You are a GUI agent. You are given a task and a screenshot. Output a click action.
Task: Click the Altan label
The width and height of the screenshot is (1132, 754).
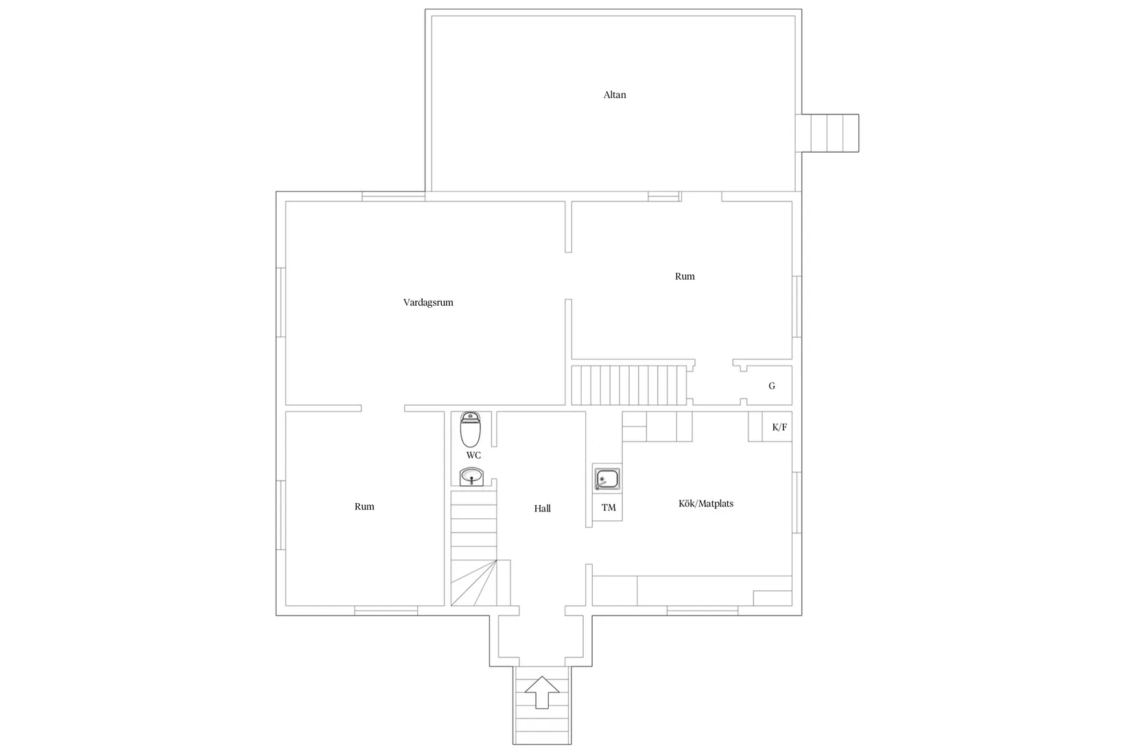pyautogui.click(x=615, y=95)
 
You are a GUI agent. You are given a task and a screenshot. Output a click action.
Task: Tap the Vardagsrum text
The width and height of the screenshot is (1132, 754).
pyautogui.click(x=428, y=302)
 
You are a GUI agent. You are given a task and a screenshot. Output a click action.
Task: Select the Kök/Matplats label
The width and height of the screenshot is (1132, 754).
pyautogui.click(x=706, y=503)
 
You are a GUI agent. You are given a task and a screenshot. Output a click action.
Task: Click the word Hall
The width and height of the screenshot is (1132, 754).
pyautogui.click(x=542, y=509)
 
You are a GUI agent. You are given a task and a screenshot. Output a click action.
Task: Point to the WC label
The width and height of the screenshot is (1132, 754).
pyautogui.click(x=473, y=455)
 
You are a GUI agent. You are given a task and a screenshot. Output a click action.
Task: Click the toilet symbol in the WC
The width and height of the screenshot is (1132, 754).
pyautogui.click(x=471, y=430)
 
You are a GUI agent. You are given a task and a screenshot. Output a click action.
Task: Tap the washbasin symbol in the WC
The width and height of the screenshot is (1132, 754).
pyautogui.click(x=471, y=476)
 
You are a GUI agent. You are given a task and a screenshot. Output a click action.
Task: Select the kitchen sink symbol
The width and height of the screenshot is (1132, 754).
pyautogui.click(x=607, y=479)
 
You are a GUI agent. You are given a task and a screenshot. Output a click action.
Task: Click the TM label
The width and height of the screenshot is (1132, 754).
pyautogui.click(x=609, y=508)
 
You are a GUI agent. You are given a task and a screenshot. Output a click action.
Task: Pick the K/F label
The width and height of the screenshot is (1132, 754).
pyautogui.click(x=779, y=427)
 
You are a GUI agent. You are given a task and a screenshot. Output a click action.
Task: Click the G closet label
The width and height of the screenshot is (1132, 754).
pyautogui.click(x=772, y=386)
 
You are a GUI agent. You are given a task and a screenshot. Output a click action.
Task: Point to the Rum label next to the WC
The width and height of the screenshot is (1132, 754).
pyautogui.click(x=364, y=507)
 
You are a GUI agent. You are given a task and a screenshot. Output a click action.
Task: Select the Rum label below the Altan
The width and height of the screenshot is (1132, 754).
pyautogui.click(x=685, y=276)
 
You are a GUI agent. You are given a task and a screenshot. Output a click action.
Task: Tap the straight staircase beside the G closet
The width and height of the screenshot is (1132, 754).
pyautogui.click(x=629, y=385)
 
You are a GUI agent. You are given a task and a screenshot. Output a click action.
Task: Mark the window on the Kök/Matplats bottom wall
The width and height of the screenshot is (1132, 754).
pyautogui.click(x=703, y=609)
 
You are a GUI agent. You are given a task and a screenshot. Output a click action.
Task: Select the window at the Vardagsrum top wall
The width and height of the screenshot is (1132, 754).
pyautogui.click(x=393, y=197)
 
